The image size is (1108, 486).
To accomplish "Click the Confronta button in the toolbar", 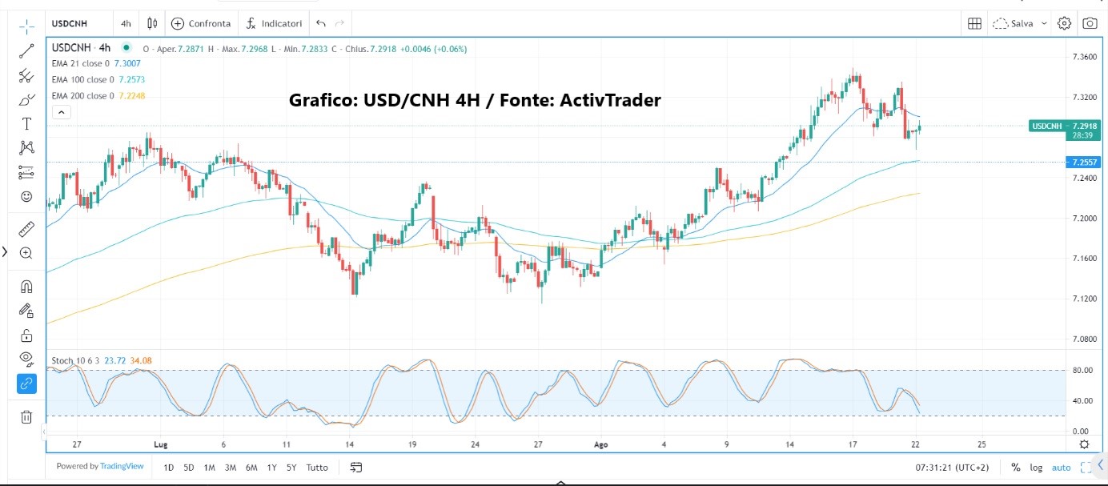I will click(x=201, y=23).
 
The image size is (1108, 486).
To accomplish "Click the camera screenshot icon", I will click(x=1090, y=23).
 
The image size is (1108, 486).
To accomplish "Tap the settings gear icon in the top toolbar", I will click(x=1064, y=23).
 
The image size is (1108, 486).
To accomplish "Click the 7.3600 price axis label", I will click(x=1085, y=57).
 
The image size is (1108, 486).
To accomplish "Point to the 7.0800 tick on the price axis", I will click(x=1085, y=339).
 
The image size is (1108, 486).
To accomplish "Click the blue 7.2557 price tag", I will click(x=1086, y=162).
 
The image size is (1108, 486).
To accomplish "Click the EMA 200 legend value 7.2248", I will click(x=131, y=96).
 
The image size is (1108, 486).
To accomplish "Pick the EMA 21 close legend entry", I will click(x=81, y=63).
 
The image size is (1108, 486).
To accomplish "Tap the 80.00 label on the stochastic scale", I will click(x=1082, y=371).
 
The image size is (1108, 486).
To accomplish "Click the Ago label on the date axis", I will click(x=601, y=444).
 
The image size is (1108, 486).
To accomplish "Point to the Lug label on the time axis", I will click(x=159, y=444).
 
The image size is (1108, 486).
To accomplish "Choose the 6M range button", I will click(x=251, y=468).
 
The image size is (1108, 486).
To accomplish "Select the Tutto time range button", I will click(x=317, y=468).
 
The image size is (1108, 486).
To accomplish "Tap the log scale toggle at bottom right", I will click(x=1038, y=468).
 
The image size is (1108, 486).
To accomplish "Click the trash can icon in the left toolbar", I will click(x=26, y=416).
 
